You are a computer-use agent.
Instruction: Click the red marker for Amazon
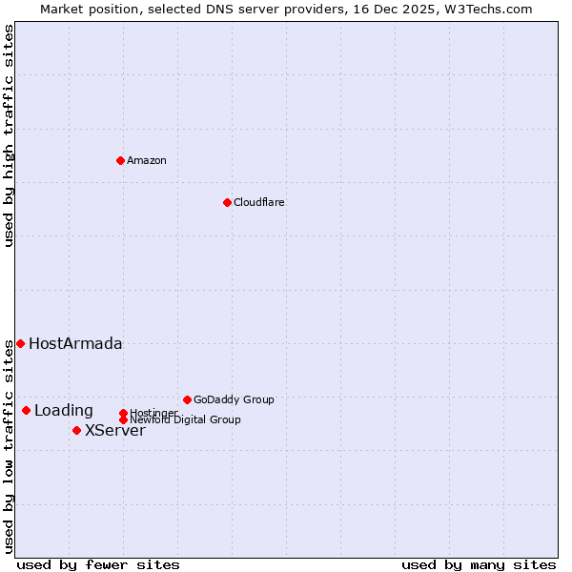tap(120, 160)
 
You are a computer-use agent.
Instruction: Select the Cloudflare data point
tap(227, 202)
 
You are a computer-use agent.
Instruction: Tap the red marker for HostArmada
tap(20, 343)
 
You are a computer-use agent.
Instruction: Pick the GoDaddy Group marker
tap(187, 399)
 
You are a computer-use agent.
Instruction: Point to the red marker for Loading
tap(26, 410)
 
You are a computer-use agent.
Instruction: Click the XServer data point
tap(76, 430)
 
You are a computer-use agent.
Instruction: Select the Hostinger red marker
tap(123, 413)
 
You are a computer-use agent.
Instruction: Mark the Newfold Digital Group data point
tap(123, 419)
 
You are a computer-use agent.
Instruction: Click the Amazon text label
tap(147, 160)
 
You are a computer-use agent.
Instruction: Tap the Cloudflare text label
tap(259, 202)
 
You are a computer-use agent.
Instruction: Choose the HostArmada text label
tap(75, 343)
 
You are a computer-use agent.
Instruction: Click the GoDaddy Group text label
tap(234, 399)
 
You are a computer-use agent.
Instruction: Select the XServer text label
tap(115, 430)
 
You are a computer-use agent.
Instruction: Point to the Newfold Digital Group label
tap(185, 419)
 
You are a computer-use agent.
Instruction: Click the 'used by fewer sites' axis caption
tap(98, 564)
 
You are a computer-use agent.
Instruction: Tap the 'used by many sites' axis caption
tap(479, 564)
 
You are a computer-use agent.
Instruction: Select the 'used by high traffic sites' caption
tap(9, 135)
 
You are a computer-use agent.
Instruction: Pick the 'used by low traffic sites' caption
tap(9, 447)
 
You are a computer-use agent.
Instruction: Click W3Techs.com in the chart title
tap(486, 9)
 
